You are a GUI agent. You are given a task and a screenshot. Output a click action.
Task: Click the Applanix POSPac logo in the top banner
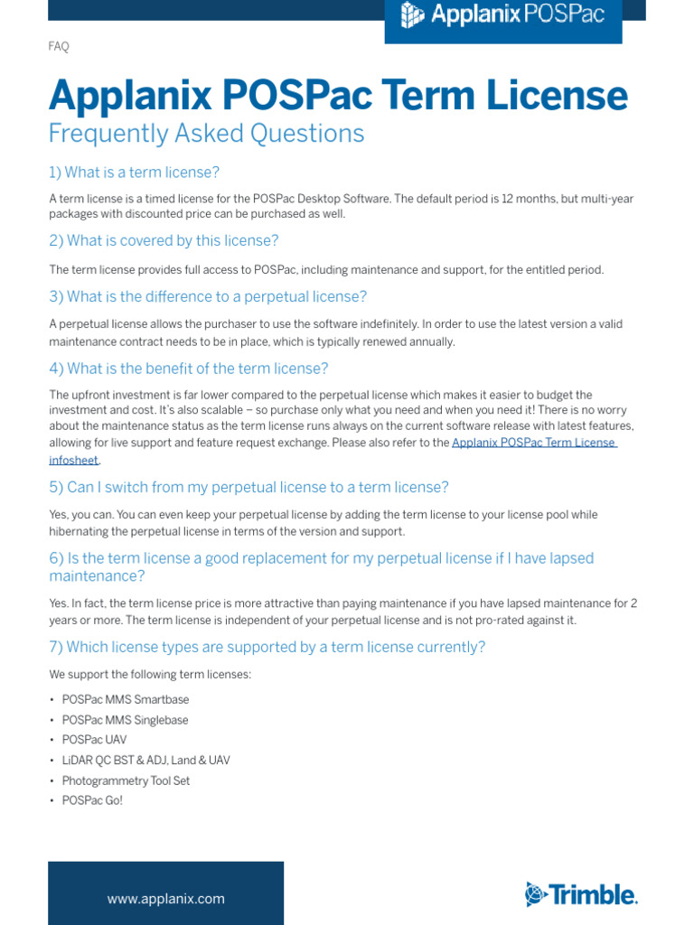tap(503, 16)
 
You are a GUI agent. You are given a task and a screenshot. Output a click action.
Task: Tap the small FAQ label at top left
tap(59, 47)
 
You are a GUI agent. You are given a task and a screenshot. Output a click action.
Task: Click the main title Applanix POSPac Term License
tap(338, 95)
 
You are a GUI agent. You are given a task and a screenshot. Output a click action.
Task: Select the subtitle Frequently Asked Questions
tap(206, 134)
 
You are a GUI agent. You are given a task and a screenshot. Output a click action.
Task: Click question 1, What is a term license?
tap(134, 173)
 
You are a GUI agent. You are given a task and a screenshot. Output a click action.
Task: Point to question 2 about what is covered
tap(164, 240)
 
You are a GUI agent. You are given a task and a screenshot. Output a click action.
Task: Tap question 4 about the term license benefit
tap(188, 369)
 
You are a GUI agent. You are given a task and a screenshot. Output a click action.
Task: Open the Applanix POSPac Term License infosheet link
tap(533, 443)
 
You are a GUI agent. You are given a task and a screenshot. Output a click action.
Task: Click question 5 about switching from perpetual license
tap(249, 488)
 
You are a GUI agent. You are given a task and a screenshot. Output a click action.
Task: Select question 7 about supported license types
tap(267, 647)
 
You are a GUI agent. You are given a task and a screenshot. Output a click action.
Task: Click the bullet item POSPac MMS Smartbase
tap(126, 700)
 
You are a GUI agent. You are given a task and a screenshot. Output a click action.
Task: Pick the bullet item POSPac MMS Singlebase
tap(125, 720)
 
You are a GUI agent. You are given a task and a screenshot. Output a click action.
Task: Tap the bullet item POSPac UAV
tap(94, 740)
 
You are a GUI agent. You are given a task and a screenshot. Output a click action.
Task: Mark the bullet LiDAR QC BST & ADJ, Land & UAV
tap(145, 761)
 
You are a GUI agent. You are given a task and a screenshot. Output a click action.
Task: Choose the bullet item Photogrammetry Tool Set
tap(126, 780)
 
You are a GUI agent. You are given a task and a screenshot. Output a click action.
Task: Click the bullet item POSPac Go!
tap(92, 800)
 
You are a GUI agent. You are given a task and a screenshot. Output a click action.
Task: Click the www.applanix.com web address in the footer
tap(165, 899)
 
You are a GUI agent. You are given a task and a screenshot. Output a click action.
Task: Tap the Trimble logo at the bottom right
tap(581, 894)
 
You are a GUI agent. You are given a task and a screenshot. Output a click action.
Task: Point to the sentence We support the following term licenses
tap(150, 675)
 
